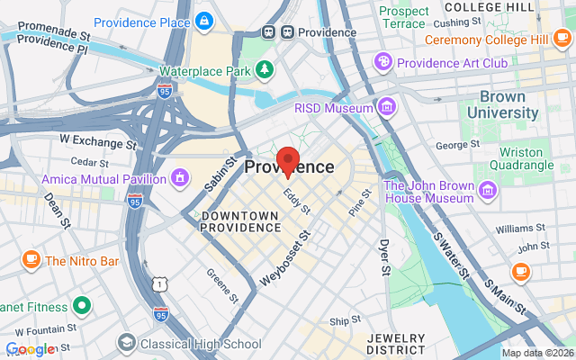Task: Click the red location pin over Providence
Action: tap(287, 161)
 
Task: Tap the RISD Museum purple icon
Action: tap(386, 107)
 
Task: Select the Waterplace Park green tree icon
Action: tap(264, 69)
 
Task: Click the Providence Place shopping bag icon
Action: tap(205, 21)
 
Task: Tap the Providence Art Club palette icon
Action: tap(383, 61)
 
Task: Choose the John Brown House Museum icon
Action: tap(488, 190)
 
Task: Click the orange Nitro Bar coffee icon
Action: tap(31, 260)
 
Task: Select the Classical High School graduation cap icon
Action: tap(126, 343)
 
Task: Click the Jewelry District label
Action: tap(395, 343)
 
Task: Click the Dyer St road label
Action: tap(385, 256)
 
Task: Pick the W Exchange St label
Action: tap(97, 141)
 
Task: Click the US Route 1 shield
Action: tap(159, 284)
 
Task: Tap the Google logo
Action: tap(30, 349)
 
